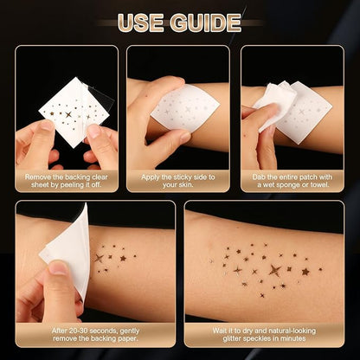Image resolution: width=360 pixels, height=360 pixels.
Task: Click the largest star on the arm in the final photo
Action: [276, 270]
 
